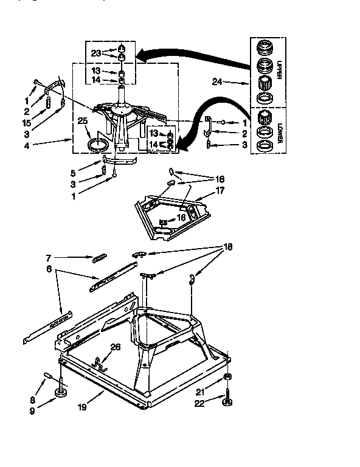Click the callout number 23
click(x=96, y=53)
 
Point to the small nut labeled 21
click(x=227, y=378)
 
